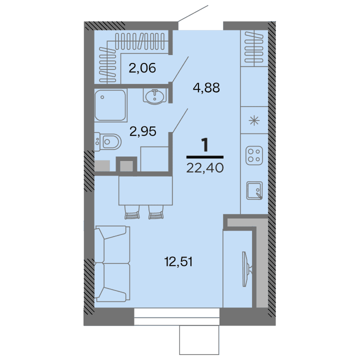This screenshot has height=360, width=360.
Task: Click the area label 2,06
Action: [x=142, y=68]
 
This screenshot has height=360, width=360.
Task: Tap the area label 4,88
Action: [x=206, y=88]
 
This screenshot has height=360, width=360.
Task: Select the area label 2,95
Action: [x=143, y=131]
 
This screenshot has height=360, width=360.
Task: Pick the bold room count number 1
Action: [x=204, y=146]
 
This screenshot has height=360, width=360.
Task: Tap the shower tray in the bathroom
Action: [x=109, y=105]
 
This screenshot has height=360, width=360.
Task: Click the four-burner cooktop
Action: [x=255, y=155]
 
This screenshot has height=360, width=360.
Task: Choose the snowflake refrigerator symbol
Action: [x=255, y=120]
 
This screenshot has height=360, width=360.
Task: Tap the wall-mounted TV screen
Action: [x=245, y=268]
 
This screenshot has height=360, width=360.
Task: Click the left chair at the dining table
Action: [x=131, y=213]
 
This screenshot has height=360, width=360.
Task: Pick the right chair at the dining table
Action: [x=156, y=213]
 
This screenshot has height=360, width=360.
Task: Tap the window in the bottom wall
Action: [x=177, y=313]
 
